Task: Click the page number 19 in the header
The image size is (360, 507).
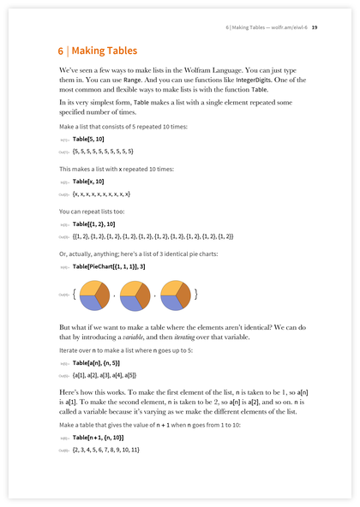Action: click(x=315, y=27)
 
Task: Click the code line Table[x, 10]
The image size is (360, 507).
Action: click(x=88, y=182)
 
